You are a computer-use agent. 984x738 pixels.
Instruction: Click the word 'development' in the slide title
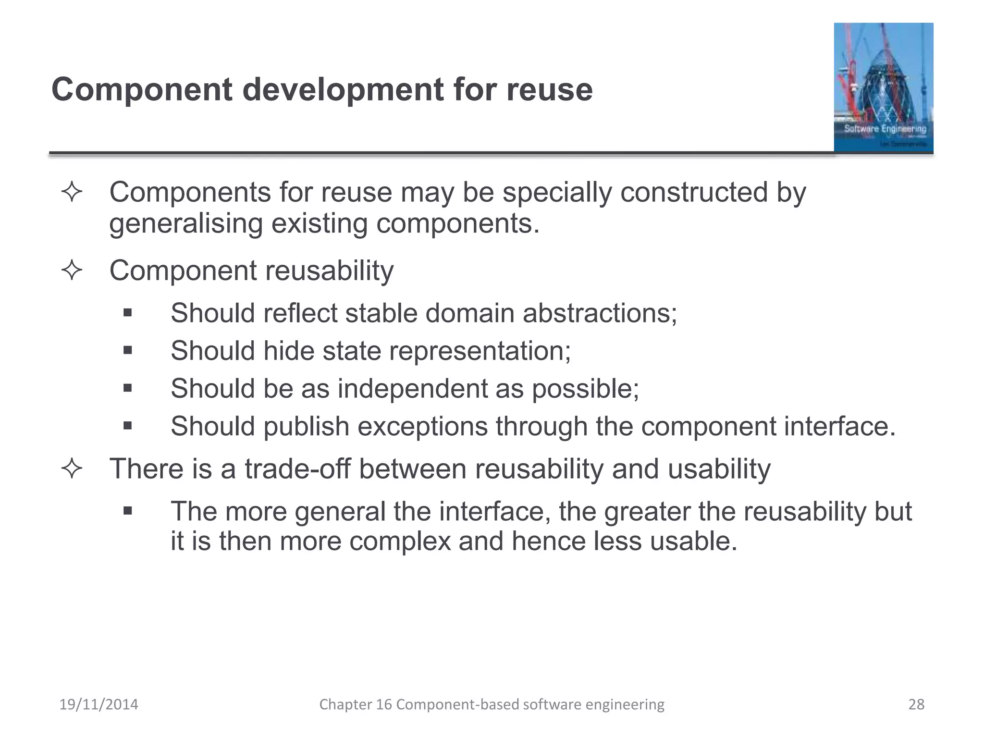pyautogui.click(x=343, y=90)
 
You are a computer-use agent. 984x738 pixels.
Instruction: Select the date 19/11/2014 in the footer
pyautogui.click(x=98, y=704)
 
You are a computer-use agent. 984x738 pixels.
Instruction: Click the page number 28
pyautogui.click(x=916, y=704)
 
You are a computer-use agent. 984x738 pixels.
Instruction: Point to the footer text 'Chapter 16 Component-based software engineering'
pyautogui.click(x=492, y=704)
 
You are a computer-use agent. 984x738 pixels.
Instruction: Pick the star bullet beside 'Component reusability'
pyautogui.click(x=72, y=270)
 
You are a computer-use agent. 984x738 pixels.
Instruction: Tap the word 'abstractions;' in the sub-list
pyautogui.click(x=600, y=313)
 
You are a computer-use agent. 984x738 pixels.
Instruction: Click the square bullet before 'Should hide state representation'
pyautogui.click(x=127, y=351)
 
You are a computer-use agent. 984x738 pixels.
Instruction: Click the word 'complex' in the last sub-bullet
pyautogui.click(x=400, y=541)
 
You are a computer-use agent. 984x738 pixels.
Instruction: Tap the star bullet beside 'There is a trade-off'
pyautogui.click(x=72, y=468)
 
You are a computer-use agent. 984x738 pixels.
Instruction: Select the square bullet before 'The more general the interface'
pyautogui.click(x=127, y=511)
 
